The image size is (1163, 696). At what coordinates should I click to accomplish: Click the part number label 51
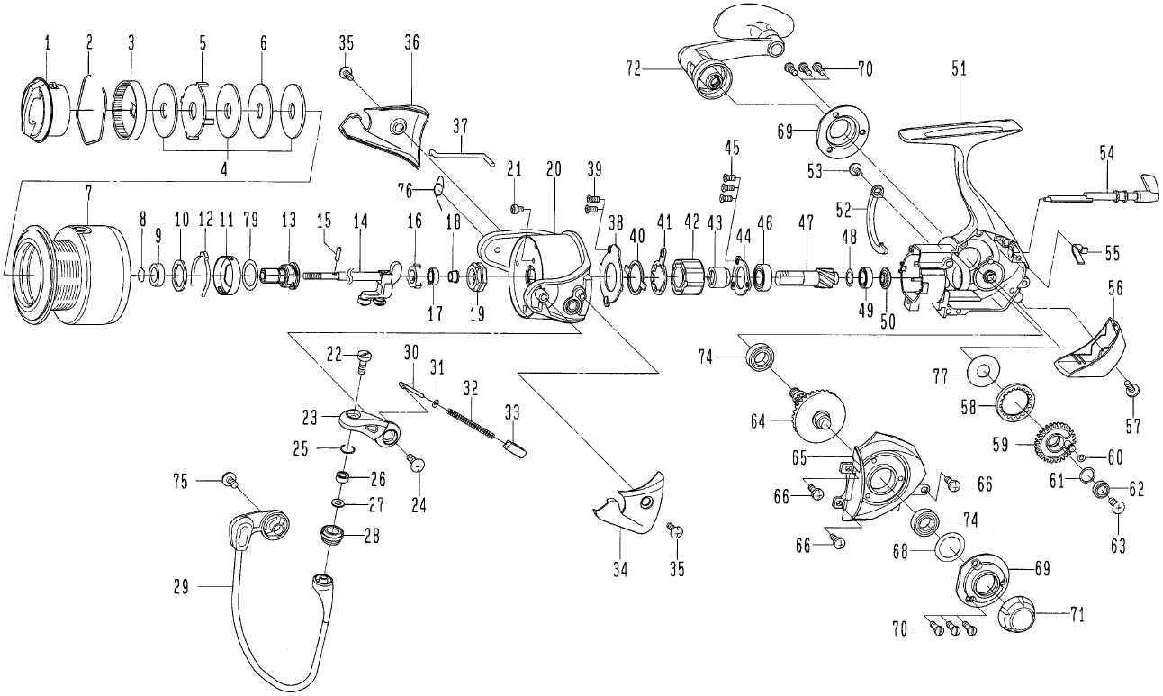[x=959, y=70]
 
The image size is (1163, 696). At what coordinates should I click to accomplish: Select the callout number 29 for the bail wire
[x=181, y=587]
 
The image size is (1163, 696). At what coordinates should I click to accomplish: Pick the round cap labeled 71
[x=1016, y=620]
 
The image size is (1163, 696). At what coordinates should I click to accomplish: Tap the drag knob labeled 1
[x=46, y=110]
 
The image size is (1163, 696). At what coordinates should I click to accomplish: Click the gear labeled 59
[x=1054, y=443]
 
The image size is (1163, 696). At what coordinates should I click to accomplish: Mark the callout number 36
[x=411, y=42]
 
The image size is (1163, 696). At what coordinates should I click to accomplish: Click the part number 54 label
[x=1106, y=154]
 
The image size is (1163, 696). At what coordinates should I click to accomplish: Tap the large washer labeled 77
[x=982, y=373]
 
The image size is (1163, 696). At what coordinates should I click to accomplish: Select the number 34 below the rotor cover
[x=620, y=570]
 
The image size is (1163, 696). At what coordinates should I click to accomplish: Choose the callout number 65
[x=799, y=458]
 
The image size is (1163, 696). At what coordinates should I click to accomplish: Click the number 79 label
[x=252, y=220]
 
